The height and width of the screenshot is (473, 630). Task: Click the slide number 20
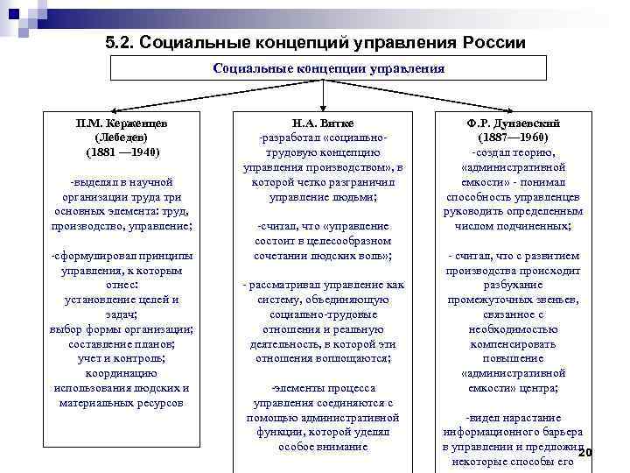585,452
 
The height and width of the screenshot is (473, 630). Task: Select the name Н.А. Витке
325,123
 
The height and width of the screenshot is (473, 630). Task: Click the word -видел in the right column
483,418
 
